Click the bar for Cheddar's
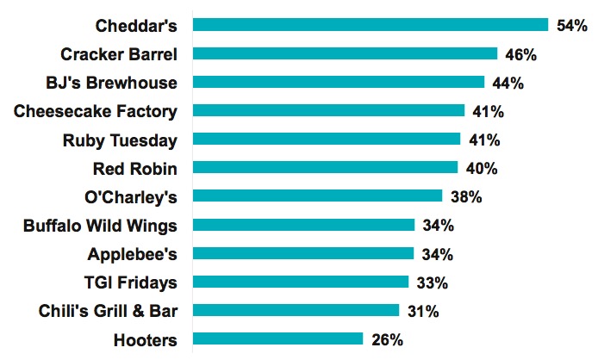click(371, 25)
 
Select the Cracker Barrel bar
click(345, 53)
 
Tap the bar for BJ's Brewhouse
click(339, 82)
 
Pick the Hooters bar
click(277, 338)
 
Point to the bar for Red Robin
click(325, 167)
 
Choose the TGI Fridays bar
click(300, 282)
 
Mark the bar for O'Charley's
click(317, 196)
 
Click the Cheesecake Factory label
click(97, 111)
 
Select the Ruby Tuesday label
click(120, 140)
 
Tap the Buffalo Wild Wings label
click(100, 226)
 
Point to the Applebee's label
click(132, 254)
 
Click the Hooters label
click(145, 339)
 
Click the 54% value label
click(571, 26)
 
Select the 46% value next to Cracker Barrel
click(520, 54)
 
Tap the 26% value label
click(386, 339)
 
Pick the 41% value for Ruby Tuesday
click(483, 140)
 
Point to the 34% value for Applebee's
click(437, 254)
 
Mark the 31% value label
click(422, 311)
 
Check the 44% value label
click(508, 83)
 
